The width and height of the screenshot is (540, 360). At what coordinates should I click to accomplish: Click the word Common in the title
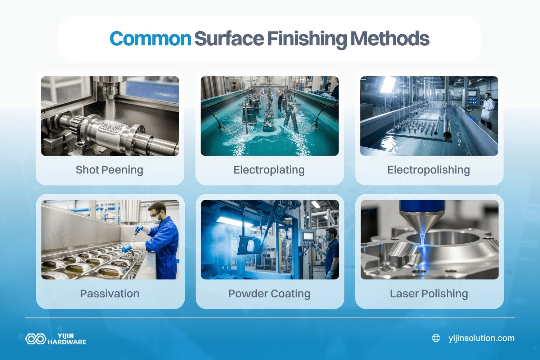click(150, 39)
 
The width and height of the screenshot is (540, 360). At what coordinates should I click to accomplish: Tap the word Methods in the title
click(390, 39)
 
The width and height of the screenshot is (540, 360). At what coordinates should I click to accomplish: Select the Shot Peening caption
click(109, 170)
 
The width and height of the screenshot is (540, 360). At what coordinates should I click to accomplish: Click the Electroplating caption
click(269, 170)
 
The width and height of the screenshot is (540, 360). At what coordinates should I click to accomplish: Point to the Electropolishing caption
click(428, 170)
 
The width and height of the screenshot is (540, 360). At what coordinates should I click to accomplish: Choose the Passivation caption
click(110, 293)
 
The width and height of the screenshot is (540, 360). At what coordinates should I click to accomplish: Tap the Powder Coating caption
click(269, 293)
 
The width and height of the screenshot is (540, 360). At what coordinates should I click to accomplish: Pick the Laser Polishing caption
click(429, 293)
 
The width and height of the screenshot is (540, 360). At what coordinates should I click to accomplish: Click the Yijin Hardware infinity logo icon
click(35, 339)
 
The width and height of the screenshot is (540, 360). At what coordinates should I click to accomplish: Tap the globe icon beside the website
click(436, 338)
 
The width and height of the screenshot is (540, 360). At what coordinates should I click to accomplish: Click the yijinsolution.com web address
click(481, 338)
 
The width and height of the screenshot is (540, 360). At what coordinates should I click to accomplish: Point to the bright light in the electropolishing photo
click(388, 85)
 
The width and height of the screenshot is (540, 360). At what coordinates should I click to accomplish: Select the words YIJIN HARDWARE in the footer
click(67, 339)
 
